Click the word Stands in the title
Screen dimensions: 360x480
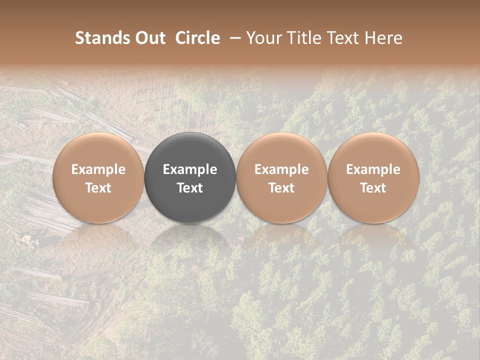[97, 38]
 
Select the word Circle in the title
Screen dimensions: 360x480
[197, 38]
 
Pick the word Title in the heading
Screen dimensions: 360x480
[304, 38]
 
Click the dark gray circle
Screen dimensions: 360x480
[190, 150]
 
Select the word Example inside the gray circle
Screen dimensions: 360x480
[190, 169]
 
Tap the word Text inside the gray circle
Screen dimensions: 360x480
[190, 188]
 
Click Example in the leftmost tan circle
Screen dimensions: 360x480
[98, 169]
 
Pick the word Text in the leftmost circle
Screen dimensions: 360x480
[98, 188]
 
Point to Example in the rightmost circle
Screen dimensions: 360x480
[373, 169]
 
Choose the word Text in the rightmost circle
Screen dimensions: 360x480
[373, 188]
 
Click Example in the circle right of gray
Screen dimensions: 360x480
[281, 169]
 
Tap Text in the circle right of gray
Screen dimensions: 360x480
[281, 188]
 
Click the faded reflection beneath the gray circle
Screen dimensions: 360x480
[190, 240]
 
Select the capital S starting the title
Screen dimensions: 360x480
[79, 38]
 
